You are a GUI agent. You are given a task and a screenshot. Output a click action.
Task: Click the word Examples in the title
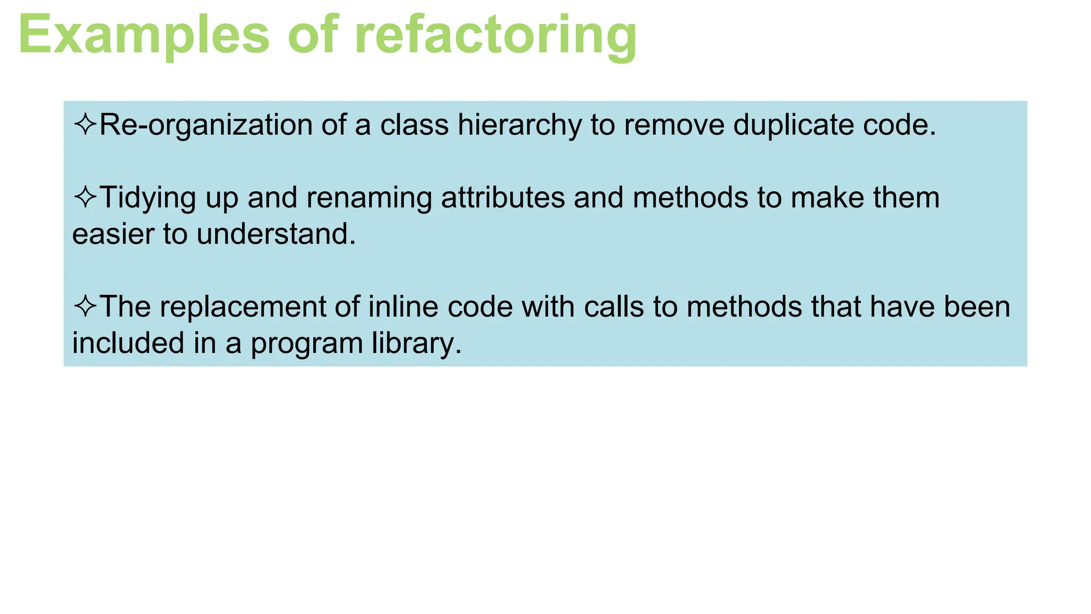click(144, 35)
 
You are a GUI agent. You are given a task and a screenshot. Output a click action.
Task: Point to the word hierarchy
click(519, 126)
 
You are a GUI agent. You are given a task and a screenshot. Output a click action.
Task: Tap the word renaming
click(369, 198)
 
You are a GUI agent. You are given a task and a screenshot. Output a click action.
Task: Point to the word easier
click(113, 235)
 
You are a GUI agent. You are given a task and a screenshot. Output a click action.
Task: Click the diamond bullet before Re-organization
click(85, 125)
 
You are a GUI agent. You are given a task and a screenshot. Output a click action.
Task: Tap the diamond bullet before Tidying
click(85, 197)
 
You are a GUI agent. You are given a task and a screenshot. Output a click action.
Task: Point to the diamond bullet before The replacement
click(85, 306)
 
